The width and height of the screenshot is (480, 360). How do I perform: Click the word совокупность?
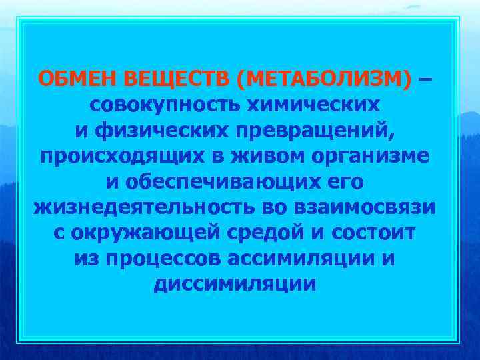pos(165,105)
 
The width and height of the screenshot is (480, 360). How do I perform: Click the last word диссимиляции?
pos(235,283)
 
